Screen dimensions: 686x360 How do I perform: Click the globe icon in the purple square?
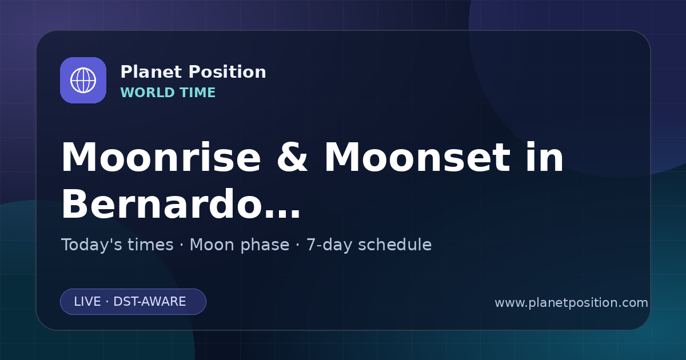(83, 80)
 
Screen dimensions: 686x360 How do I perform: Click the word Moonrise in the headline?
(161, 157)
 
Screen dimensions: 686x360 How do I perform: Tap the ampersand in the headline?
(292, 157)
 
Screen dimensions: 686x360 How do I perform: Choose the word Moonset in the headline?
(417, 157)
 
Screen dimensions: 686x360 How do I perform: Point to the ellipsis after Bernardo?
(282, 213)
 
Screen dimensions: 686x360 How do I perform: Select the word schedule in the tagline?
(395, 245)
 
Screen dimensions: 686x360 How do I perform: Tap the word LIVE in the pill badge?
(87, 302)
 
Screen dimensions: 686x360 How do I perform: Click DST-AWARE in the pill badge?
(149, 302)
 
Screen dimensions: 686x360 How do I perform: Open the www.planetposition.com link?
(572, 303)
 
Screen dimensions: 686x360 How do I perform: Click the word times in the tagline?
(151, 245)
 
